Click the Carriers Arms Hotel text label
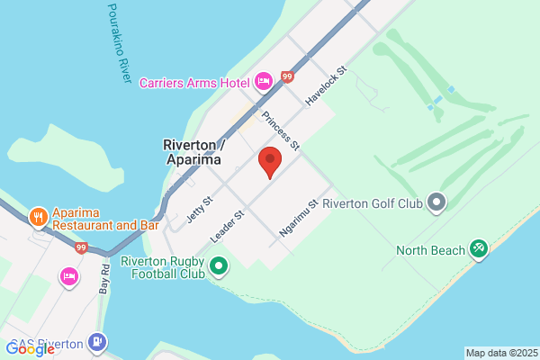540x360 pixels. coord(193,83)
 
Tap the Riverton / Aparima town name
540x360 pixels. coord(193,151)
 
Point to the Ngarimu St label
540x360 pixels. coord(299,218)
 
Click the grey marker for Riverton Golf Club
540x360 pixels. coord(436,202)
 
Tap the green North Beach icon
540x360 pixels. coord(479,249)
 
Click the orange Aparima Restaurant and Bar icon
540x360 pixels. coord(38,217)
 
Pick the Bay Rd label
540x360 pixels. coord(105,279)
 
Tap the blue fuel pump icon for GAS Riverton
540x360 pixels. coord(96,342)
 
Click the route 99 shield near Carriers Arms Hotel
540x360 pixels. coord(287,77)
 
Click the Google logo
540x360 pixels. coord(31,349)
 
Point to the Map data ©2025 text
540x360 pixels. coord(501,353)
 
